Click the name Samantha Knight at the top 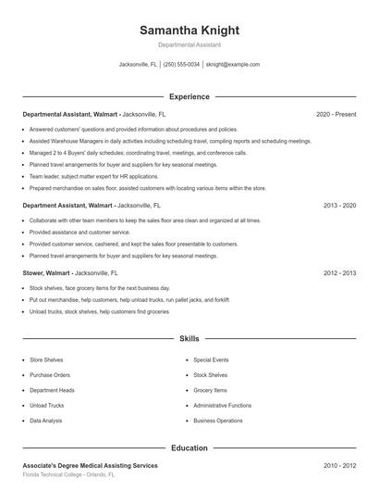[x=189, y=31]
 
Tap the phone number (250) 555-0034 [x=182, y=65]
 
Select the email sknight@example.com [x=232, y=65]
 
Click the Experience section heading [x=189, y=96]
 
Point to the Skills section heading [x=189, y=340]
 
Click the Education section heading [x=189, y=448]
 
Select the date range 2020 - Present [x=336, y=114]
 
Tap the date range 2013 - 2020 [x=339, y=206]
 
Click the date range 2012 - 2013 [x=339, y=273]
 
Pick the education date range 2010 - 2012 [x=339, y=465]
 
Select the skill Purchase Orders [x=50, y=374]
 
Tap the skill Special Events [x=211, y=359]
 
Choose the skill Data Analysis [x=46, y=421]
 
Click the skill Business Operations [x=217, y=421]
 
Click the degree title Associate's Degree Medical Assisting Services [x=90, y=465]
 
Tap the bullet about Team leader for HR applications [x=81, y=176]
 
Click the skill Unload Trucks [x=47, y=405]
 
